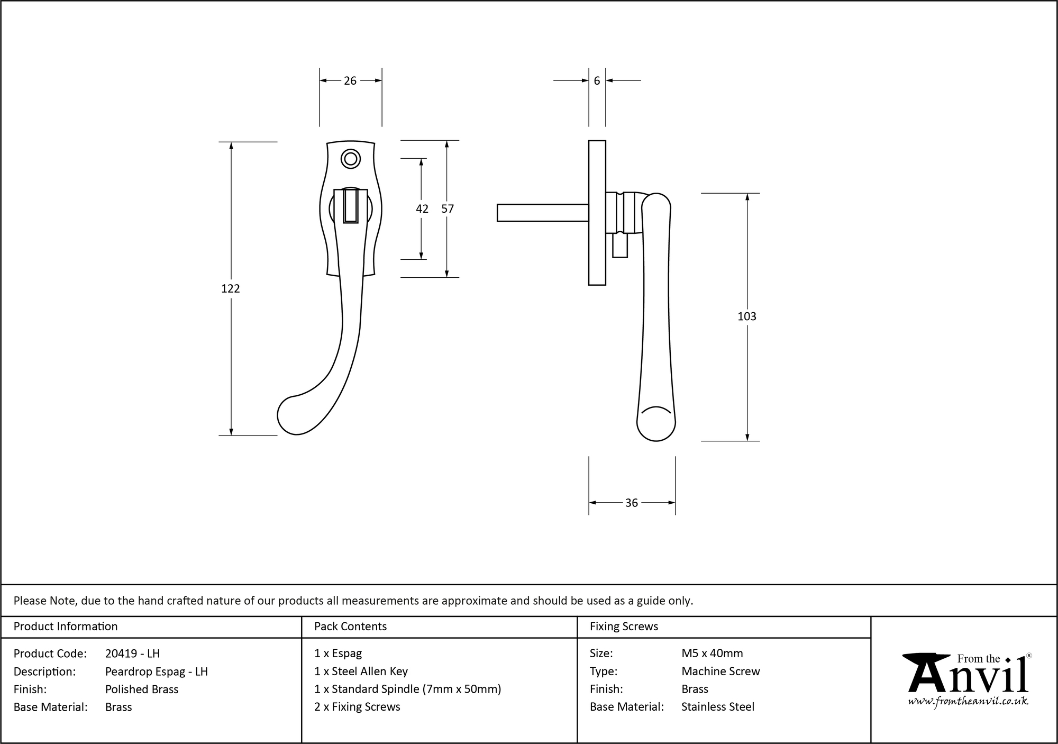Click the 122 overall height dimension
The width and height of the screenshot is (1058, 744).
tap(231, 288)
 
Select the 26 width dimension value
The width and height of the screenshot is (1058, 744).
tap(350, 81)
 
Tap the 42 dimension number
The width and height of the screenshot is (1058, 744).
tap(422, 209)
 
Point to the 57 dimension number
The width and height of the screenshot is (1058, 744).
tap(448, 209)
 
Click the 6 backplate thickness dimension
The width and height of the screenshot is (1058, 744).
tap(597, 81)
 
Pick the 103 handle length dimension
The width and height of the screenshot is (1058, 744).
tap(746, 316)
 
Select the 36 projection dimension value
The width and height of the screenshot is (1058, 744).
tap(632, 503)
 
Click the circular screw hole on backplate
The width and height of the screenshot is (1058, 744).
tap(351, 158)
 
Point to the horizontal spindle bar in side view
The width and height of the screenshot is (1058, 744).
tap(542, 212)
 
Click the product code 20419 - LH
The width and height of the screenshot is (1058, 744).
tap(132, 654)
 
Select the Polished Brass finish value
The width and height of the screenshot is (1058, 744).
tap(142, 689)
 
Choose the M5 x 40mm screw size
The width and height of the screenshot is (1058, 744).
tap(712, 654)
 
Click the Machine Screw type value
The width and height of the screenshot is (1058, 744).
tap(720, 671)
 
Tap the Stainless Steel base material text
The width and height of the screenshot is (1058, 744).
tap(718, 706)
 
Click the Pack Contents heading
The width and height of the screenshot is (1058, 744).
tap(350, 627)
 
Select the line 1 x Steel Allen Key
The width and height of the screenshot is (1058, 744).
tap(361, 671)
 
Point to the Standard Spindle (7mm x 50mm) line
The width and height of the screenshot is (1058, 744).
tap(407, 689)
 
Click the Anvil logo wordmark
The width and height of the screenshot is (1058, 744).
tap(968, 675)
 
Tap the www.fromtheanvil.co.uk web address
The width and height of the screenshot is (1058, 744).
tap(968, 702)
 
